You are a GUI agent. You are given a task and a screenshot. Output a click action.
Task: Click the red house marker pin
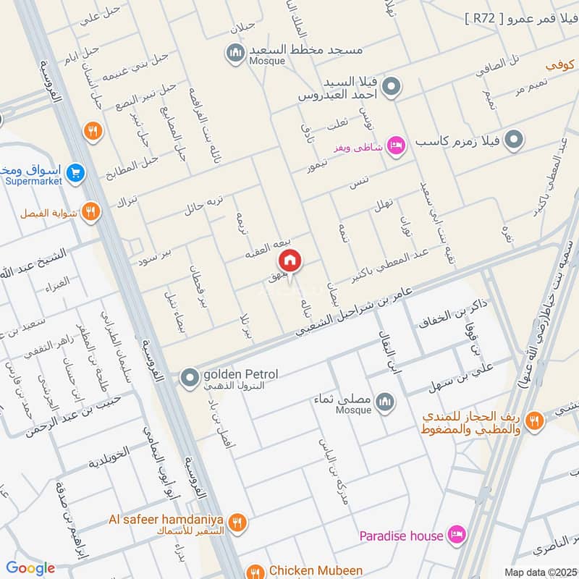[289, 261]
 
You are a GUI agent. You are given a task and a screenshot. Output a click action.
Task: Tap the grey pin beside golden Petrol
[190, 377]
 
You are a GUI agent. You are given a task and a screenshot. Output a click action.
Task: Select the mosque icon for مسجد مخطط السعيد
[235, 53]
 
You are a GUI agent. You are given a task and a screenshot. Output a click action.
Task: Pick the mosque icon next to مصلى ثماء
[384, 401]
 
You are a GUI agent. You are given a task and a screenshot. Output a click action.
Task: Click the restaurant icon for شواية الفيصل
[90, 211]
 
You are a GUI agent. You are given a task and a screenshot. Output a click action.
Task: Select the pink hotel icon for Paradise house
[456, 536]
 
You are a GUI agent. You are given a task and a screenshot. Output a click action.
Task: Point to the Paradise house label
[401, 536]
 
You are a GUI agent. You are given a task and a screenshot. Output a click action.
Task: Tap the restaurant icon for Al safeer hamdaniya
[236, 522]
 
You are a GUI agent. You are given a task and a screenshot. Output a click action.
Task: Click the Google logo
[30, 569]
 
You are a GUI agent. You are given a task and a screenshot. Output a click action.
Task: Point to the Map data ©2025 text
[538, 572]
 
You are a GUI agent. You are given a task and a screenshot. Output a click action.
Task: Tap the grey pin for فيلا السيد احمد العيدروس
[392, 88]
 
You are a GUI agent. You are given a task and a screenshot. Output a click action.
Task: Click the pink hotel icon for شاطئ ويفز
[395, 145]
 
